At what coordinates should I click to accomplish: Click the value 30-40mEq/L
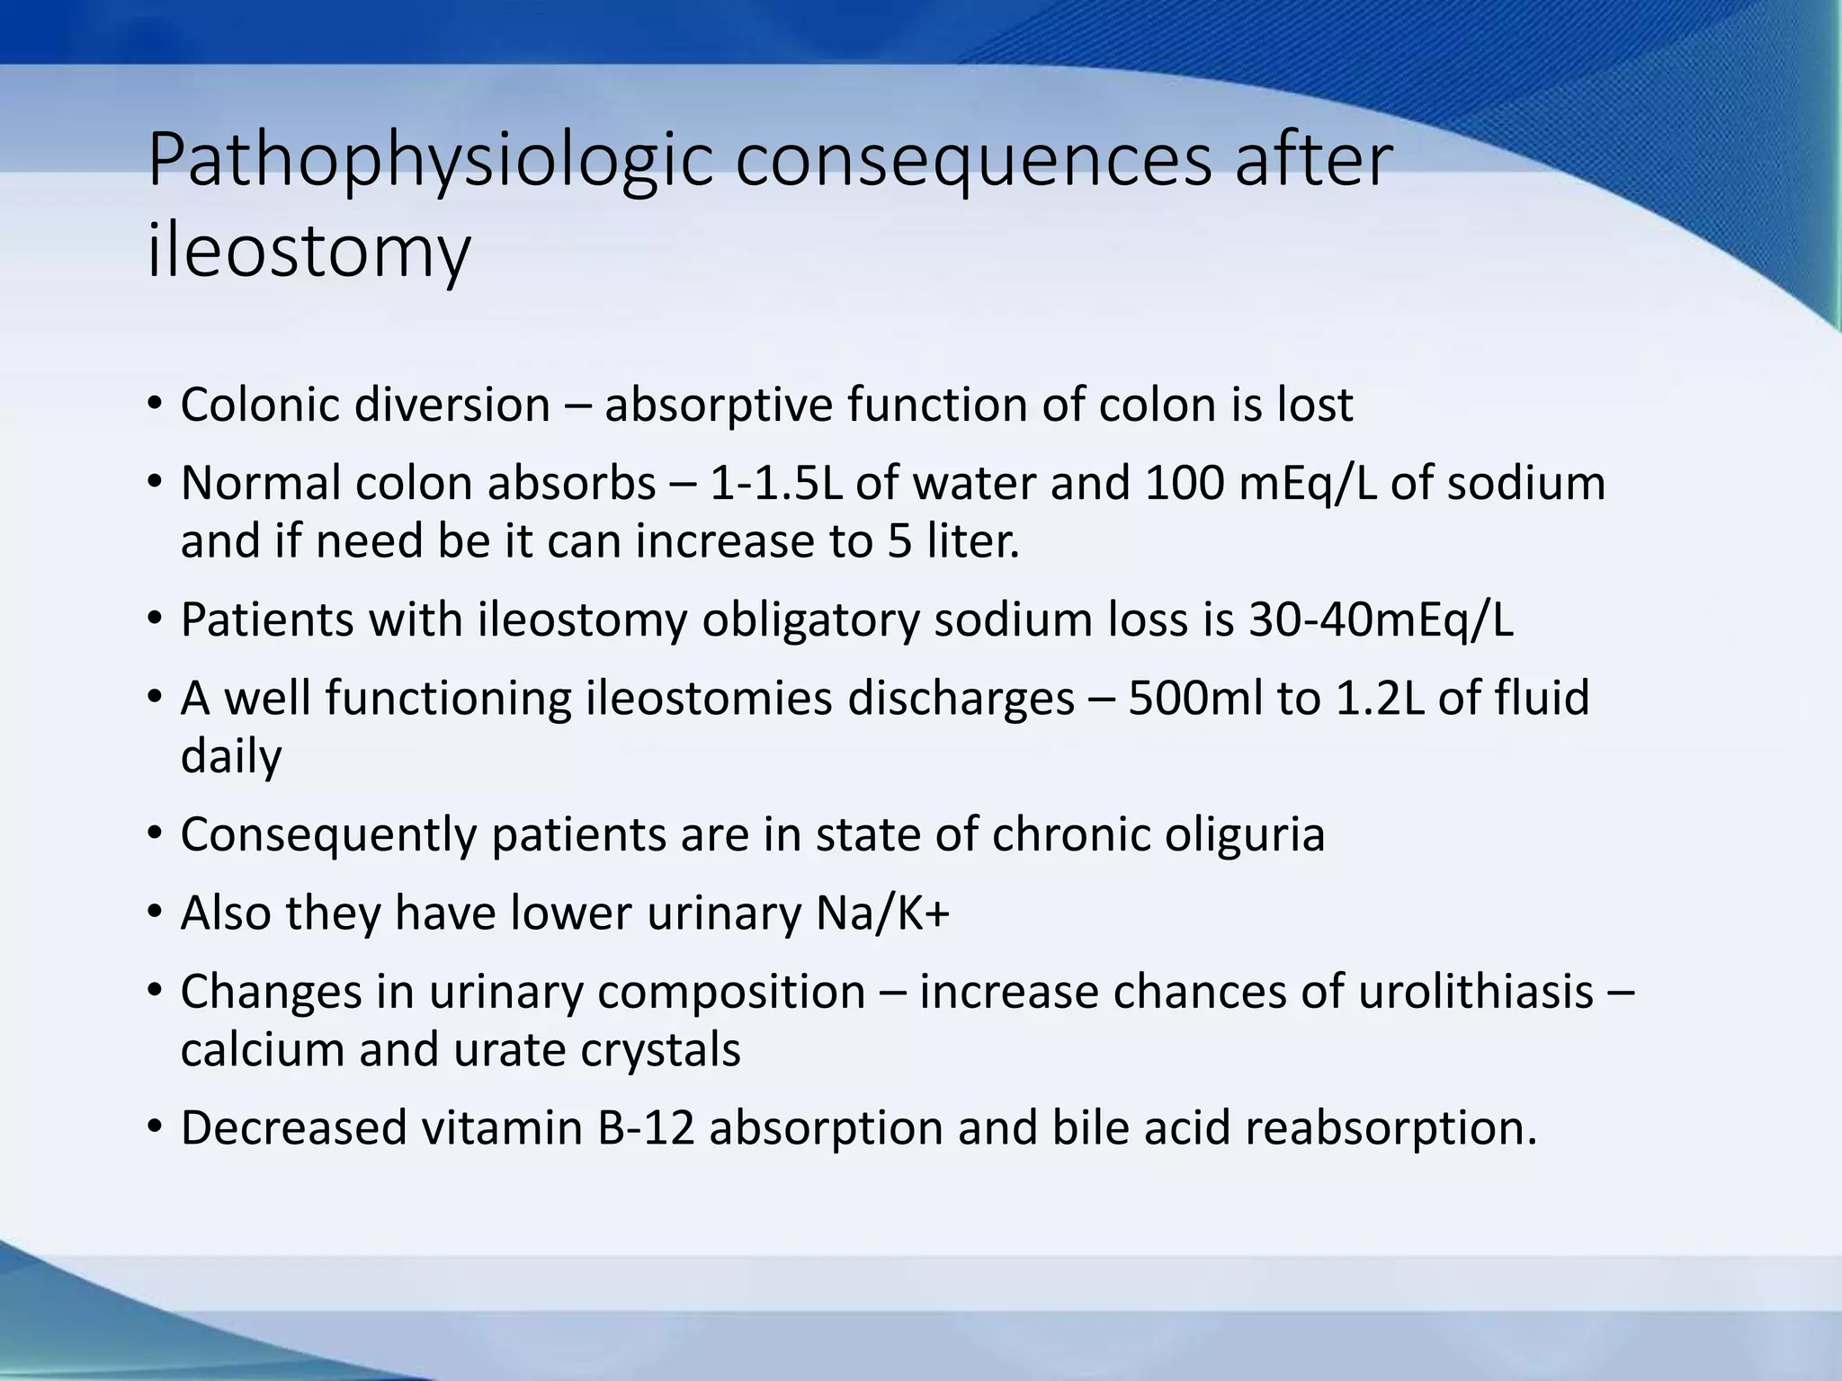(x=1381, y=619)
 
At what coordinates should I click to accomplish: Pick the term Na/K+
(x=882, y=913)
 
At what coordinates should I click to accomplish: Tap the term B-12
(x=647, y=1128)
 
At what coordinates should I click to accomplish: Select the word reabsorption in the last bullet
(x=1390, y=1128)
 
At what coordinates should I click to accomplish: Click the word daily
(x=230, y=756)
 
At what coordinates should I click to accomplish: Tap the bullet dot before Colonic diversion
(x=155, y=404)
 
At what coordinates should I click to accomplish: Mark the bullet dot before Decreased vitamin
(x=155, y=1127)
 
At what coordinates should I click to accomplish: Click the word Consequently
(x=328, y=834)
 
